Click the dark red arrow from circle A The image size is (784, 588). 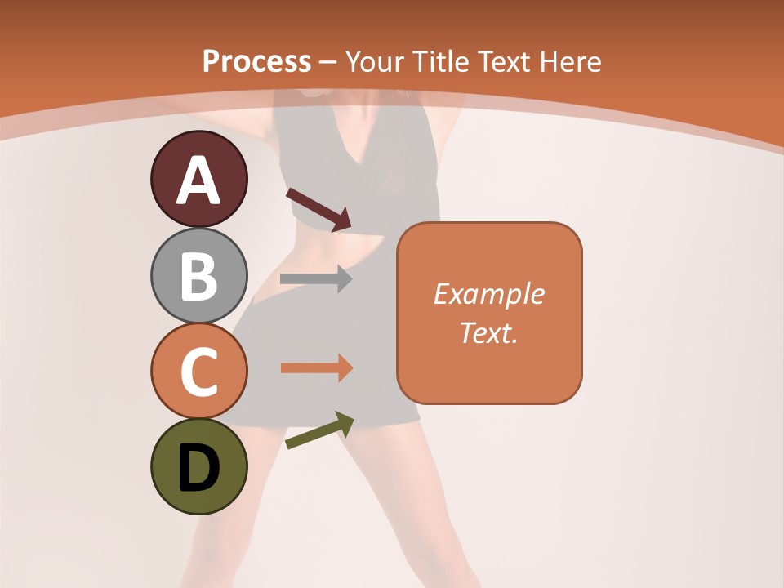pyautogui.click(x=318, y=209)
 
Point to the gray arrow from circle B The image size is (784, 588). pyautogui.click(x=316, y=278)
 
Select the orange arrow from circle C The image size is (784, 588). pyautogui.click(x=317, y=368)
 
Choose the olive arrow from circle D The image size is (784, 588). pyautogui.click(x=319, y=430)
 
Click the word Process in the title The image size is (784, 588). pyautogui.click(x=256, y=62)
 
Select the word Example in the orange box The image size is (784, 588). pyautogui.click(x=489, y=294)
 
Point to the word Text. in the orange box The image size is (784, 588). pyautogui.click(x=489, y=332)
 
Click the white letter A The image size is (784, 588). pyautogui.click(x=198, y=180)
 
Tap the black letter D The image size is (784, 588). pyautogui.click(x=198, y=469)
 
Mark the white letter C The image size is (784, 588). pyautogui.click(x=198, y=372)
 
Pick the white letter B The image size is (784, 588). pyautogui.click(x=198, y=276)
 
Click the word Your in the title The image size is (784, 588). pyautogui.click(x=376, y=62)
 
